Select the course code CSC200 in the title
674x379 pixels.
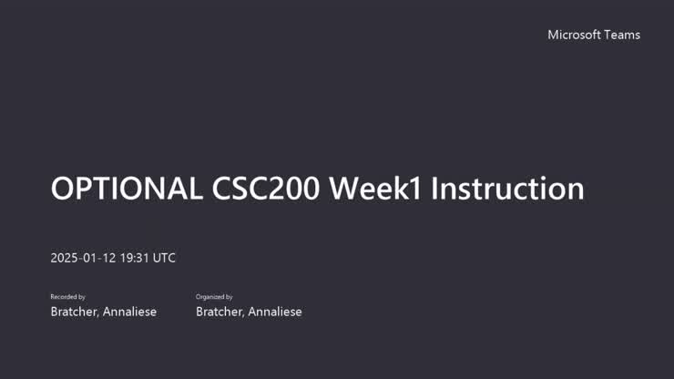click(266, 189)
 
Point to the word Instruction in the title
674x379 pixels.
click(507, 189)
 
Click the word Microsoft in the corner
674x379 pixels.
click(574, 35)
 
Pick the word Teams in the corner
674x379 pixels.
click(623, 35)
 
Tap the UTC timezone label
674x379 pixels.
click(164, 258)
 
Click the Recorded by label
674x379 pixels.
click(67, 297)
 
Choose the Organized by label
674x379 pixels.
click(214, 297)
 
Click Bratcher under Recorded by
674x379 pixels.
click(75, 312)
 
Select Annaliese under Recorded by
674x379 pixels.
click(130, 312)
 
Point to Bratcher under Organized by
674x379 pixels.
click(220, 312)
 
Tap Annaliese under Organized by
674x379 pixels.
click(276, 312)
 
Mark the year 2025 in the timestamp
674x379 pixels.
click(65, 258)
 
